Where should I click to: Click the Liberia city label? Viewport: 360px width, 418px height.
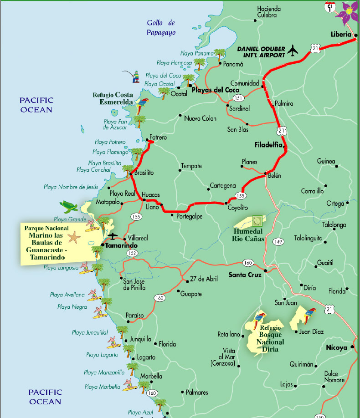(x=341, y=35)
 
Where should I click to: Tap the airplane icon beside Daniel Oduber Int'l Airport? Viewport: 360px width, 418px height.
(x=293, y=50)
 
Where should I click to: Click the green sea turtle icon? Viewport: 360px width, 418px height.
(x=70, y=207)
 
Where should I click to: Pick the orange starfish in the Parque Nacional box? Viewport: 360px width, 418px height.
(x=73, y=237)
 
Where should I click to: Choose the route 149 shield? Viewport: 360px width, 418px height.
(x=278, y=242)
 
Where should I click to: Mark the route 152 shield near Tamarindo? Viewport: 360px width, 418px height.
(x=132, y=253)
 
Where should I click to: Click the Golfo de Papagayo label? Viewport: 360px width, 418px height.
(x=161, y=28)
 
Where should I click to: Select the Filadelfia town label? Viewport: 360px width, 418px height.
(x=269, y=145)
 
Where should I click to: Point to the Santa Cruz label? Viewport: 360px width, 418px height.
(x=245, y=275)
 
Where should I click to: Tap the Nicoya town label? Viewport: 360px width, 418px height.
(x=337, y=347)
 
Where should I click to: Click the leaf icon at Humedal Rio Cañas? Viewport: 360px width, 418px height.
(x=258, y=221)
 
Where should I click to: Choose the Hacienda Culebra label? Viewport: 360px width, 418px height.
(x=269, y=11)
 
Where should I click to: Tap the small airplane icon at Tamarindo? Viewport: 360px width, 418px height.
(x=113, y=236)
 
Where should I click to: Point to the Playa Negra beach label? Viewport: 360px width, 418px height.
(x=72, y=307)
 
